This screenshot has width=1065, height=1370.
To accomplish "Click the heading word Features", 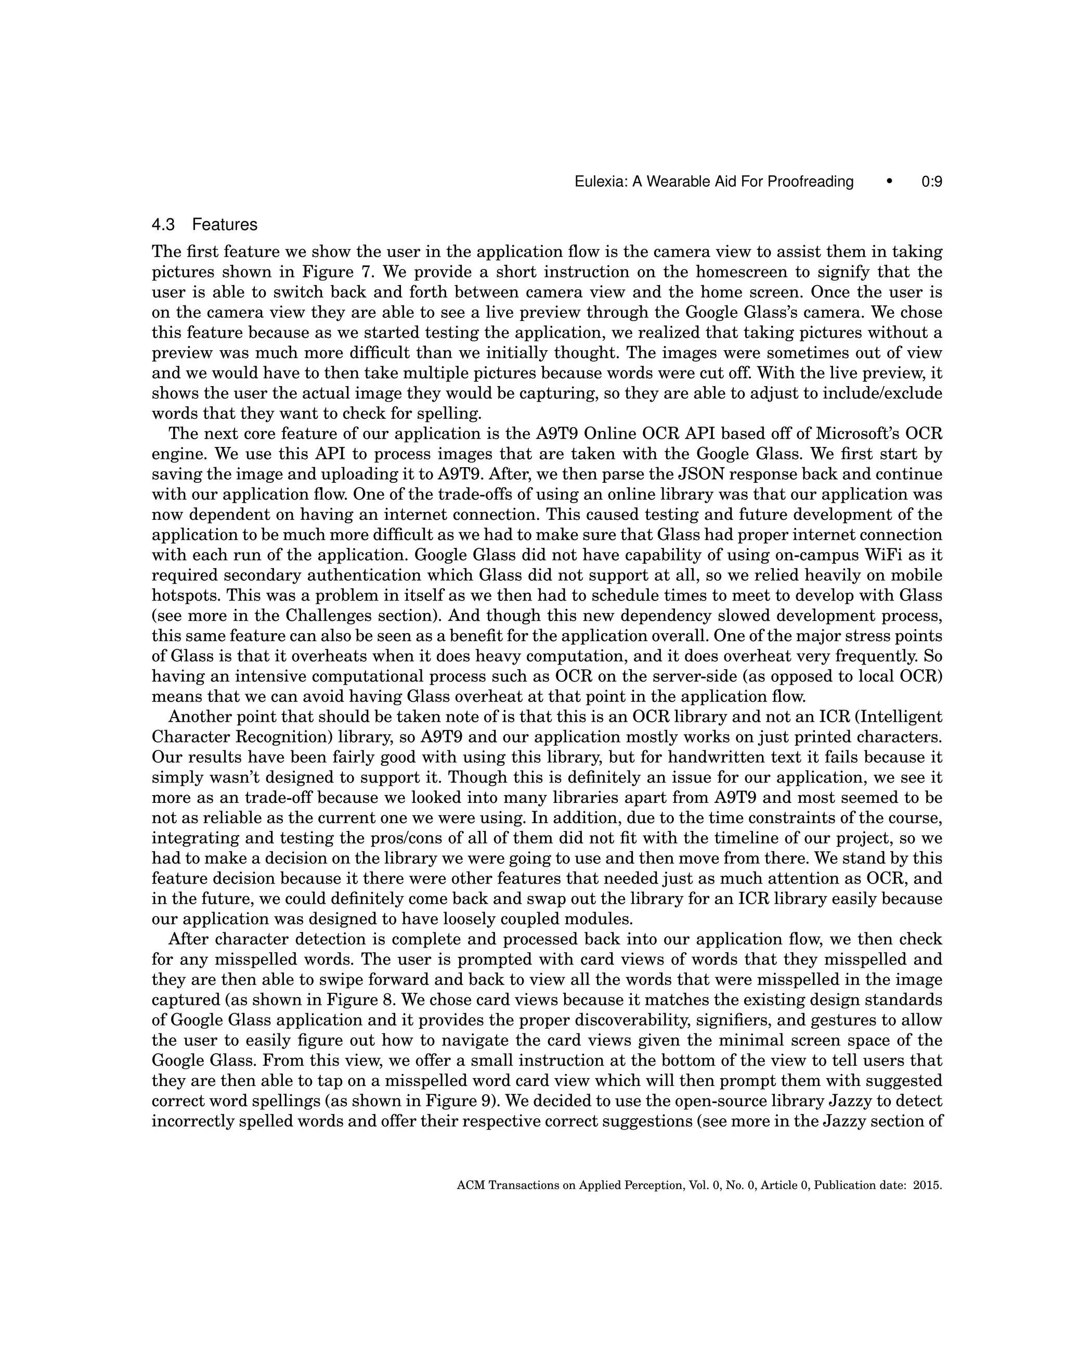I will [x=225, y=225].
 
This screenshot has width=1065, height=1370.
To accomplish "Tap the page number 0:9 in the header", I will [x=931, y=182].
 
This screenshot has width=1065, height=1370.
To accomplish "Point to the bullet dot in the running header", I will [x=889, y=182].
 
